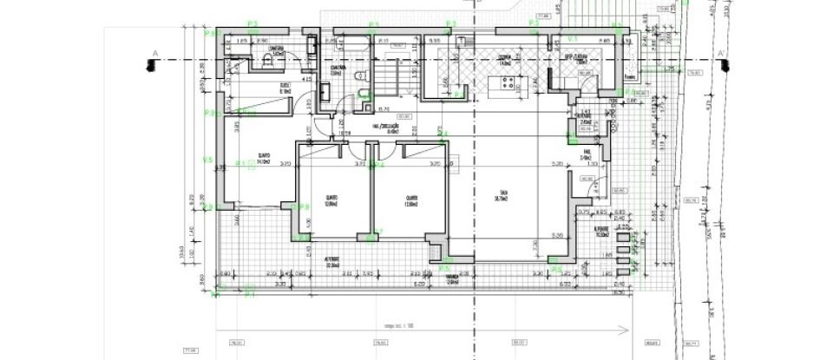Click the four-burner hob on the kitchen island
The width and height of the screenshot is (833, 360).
coord(507,83)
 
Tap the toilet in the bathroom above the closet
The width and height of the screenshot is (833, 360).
coord(267,61)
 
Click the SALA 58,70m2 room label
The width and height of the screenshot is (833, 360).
coord(502,195)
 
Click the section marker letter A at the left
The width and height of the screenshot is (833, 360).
coord(154,55)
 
